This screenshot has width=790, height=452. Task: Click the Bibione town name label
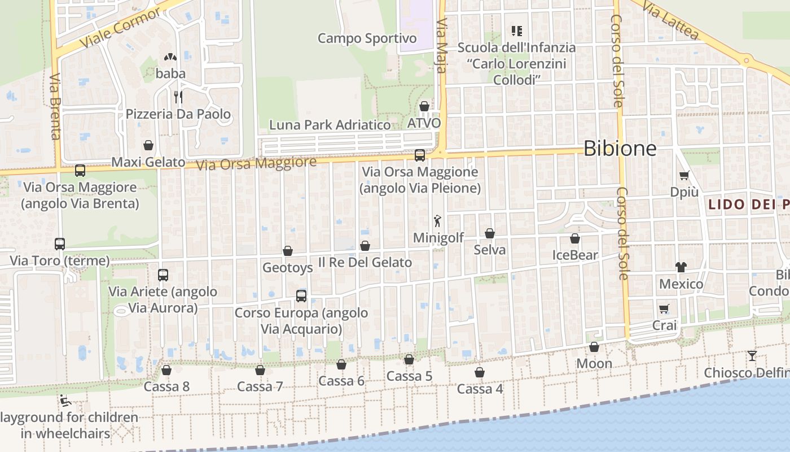click(x=620, y=149)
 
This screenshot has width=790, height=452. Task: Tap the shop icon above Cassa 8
click(x=166, y=370)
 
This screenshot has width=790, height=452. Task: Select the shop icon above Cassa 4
click(x=480, y=372)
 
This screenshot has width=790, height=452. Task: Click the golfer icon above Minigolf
click(x=437, y=221)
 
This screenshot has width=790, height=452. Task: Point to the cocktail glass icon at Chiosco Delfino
click(x=752, y=356)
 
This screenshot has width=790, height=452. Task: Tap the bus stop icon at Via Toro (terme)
click(x=60, y=244)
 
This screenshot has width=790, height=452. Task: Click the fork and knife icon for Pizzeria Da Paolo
click(x=178, y=97)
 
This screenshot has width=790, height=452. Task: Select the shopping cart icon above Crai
click(x=664, y=309)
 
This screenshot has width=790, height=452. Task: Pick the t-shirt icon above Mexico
click(x=681, y=267)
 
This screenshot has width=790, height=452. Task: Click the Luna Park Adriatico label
click(x=330, y=125)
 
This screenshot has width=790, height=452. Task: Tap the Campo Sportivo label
click(x=367, y=38)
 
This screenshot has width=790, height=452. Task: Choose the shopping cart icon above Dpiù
click(x=684, y=176)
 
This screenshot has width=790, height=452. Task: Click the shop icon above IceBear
click(x=575, y=239)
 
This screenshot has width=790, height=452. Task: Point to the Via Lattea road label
click(x=670, y=20)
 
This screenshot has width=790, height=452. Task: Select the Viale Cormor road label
click(x=120, y=28)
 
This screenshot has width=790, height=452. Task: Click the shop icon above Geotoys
click(x=288, y=251)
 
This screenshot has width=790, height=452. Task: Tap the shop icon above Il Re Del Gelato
click(x=365, y=246)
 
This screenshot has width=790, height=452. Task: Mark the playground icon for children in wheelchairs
click(x=65, y=401)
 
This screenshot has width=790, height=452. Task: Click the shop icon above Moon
click(x=594, y=347)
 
